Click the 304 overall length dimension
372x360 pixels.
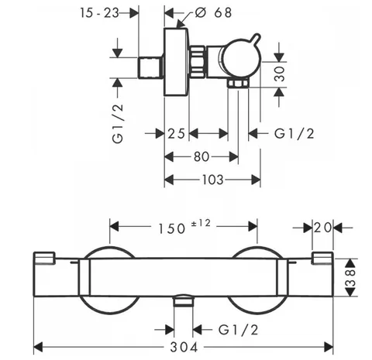(x=184, y=347)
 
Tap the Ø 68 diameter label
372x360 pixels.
(x=213, y=12)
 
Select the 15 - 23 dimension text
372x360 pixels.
(x=99, y=12)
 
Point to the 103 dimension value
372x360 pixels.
(x=212, y=180)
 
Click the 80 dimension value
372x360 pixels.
(x=201, y=156)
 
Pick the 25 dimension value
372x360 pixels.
(x=177, y=134)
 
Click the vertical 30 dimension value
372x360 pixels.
(x=279, y=74)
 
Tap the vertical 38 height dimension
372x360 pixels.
(x=351, y=278)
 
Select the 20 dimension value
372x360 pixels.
(x=322, y=228)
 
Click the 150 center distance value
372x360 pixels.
(x=172, y=228)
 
